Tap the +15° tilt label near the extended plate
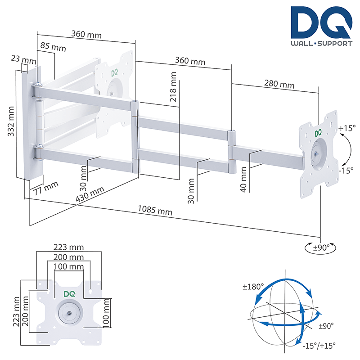[346, 128]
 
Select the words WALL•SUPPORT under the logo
[320, 44]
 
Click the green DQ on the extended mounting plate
[318, 133]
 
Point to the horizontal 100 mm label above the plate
[69, 267]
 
